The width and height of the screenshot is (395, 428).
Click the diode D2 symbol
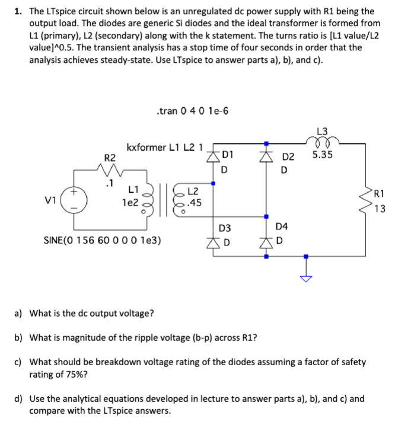(266, 157)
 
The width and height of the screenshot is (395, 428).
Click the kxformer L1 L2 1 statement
(165, 146)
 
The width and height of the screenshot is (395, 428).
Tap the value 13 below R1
(380, 208)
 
